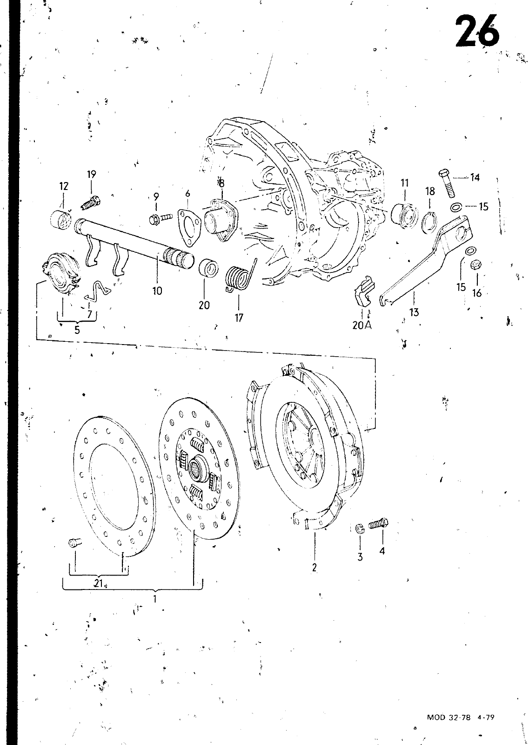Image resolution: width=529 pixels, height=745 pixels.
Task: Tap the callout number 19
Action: click(x=91, y=174)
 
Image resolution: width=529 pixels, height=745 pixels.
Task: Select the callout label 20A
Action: click(x=362, y=325)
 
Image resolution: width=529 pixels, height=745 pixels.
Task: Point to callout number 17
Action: click(x=239, y=318)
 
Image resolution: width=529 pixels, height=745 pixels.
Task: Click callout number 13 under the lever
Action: click(x=415, y=312)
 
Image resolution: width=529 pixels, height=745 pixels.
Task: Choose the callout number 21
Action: click(x=98, y=584)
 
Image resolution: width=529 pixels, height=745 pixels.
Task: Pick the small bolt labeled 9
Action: click(x=161, y=218)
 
